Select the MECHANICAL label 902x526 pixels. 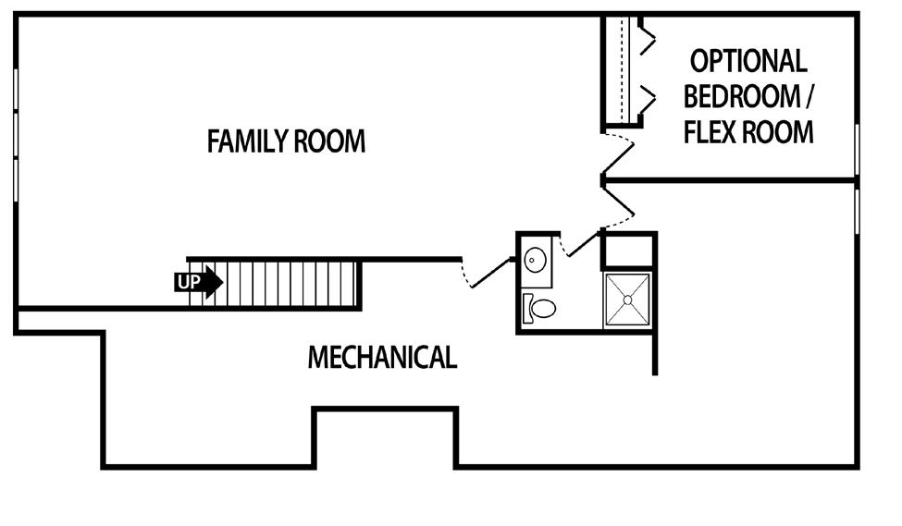pyautogui.click(x=382, y=357)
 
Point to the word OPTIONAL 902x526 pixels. pyautogui.click(x=748, y=61)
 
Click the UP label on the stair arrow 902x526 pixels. pyautogui.click(x=189, y=282)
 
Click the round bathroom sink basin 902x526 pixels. pyautogui.click(x=536, y=260)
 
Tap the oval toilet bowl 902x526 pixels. pyautogui.click(x=543, y=308)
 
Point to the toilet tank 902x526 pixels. pyautogui.click(x=526, y=308)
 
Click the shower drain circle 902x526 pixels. pyautogui.click(x=627, y=299)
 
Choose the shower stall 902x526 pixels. pyautogui.click(x=627, y=300)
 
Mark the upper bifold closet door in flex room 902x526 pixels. pyautogui.click(x=646, y=37)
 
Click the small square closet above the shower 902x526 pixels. pyautogui.click(x=628, y=251)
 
